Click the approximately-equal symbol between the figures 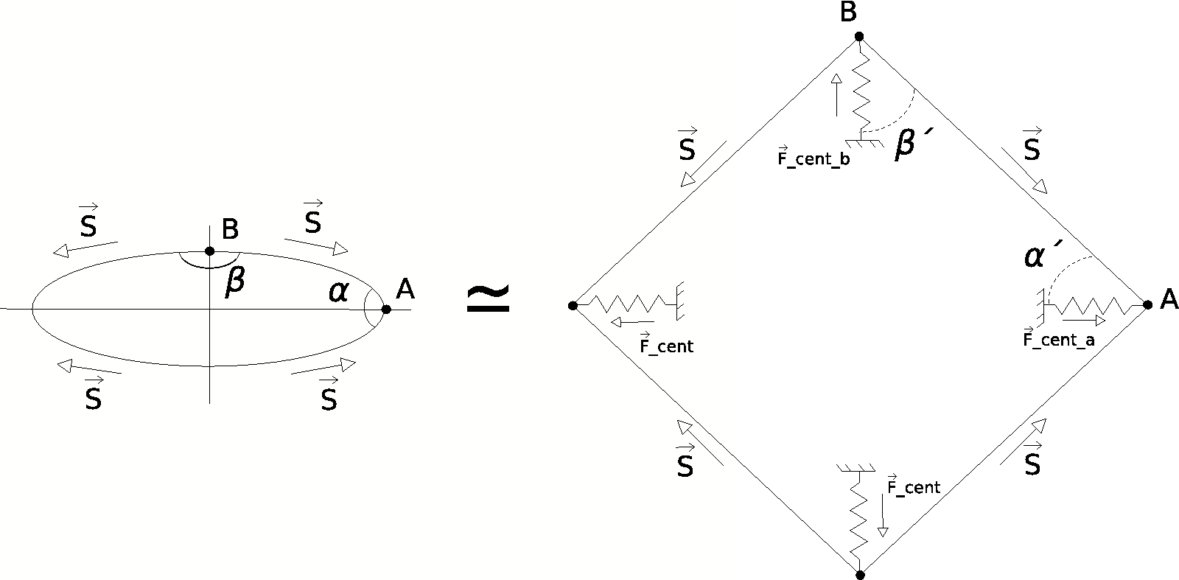(x=489, y=299)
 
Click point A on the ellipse (x=386, y=310)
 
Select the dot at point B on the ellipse (x=210, y=251)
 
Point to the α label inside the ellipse (x=338, y=293)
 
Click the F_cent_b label (x=814, y=158)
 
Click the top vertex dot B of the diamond (x=859, y=36)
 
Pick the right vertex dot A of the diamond (x=1147, y=304)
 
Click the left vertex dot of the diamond (x=573, y=304)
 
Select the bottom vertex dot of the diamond (x=859, y=574)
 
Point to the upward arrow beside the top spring (x=836, y=94)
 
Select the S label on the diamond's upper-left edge (x=686, y=148)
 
